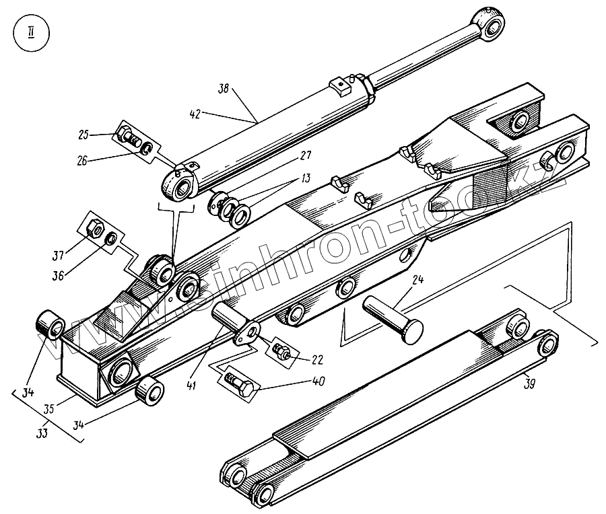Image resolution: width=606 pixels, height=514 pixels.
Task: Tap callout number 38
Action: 224,88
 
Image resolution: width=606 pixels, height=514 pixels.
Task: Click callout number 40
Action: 317,381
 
